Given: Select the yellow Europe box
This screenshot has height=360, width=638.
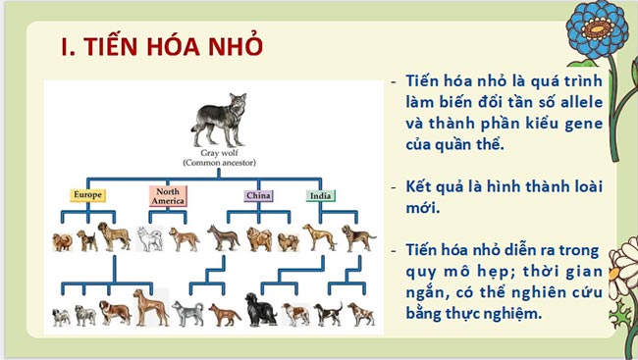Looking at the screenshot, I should click(86, 195).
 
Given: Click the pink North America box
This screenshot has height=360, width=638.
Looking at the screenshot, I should click(168, 196).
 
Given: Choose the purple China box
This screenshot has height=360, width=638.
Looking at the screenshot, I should click(258, 195).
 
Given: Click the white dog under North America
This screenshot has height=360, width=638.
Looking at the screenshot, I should click(149, 238).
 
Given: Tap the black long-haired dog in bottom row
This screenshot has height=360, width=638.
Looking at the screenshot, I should click(260, 310).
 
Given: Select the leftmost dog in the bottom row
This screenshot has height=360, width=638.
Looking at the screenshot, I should click(62, 315).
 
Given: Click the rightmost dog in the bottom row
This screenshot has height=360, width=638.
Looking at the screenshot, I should click(359, 313).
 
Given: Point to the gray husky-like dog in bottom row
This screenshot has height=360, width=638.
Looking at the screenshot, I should click(187, 313).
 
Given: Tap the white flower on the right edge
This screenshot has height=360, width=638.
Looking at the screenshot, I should click(624, 263).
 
